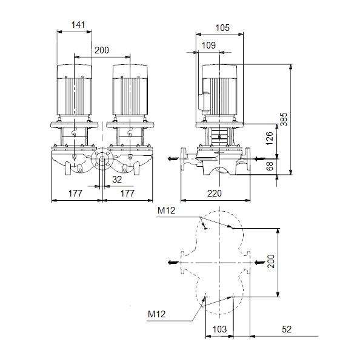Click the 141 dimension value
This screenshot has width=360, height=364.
78,25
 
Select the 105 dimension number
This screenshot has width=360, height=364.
222,28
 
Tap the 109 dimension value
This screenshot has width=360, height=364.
208,45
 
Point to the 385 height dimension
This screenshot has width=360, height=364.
284,120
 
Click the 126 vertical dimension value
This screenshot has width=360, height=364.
270,138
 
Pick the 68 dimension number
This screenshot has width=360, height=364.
270,166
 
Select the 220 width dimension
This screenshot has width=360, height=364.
215,193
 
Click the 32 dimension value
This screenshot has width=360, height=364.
117,179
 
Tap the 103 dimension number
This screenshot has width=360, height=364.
219,329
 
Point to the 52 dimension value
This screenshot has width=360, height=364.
287,329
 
